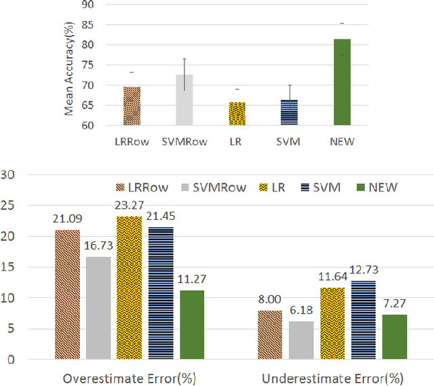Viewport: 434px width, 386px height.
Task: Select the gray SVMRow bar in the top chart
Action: (184, 100)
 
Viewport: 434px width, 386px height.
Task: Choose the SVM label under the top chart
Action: (289, 141)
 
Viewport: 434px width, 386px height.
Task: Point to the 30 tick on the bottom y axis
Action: (9, 175)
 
